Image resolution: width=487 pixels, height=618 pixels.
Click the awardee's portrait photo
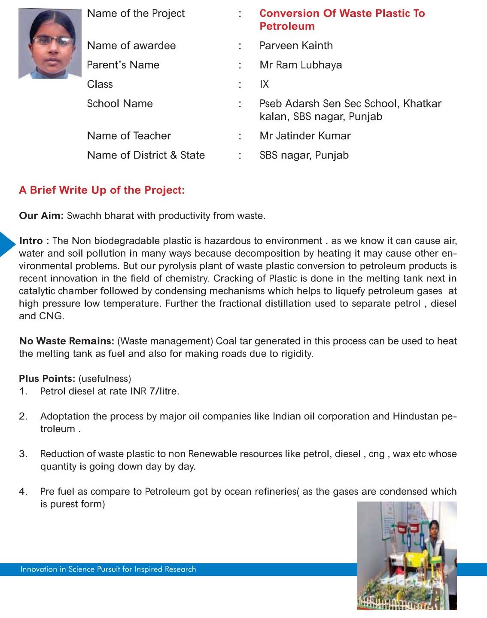(50, 44)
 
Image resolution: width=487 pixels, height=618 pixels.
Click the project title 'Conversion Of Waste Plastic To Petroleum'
(342, 20)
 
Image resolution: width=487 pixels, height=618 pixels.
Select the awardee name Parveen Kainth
(296, 46)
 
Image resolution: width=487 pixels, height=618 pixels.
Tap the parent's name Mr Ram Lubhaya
(301, 65)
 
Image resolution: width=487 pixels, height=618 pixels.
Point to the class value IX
(264, 84)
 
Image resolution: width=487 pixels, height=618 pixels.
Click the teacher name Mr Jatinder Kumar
(305, 136)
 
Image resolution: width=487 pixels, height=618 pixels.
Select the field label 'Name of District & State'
(146, 155)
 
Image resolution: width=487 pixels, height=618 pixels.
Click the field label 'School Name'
(120, 104)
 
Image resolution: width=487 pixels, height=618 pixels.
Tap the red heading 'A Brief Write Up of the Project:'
(102, 190)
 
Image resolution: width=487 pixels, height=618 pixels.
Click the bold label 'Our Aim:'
(41, 216)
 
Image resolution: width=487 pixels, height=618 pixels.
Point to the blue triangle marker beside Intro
(7, 244)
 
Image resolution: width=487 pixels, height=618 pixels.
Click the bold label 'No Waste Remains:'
(67, 341)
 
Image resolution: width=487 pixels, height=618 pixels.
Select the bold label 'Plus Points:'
(47, 379)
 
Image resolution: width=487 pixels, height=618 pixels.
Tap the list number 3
(23, 454)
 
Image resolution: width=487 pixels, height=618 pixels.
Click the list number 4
(23, 491)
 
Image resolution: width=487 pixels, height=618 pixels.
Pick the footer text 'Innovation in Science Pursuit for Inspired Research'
(108, 569)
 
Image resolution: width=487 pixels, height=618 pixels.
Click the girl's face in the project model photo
(434, 526)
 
